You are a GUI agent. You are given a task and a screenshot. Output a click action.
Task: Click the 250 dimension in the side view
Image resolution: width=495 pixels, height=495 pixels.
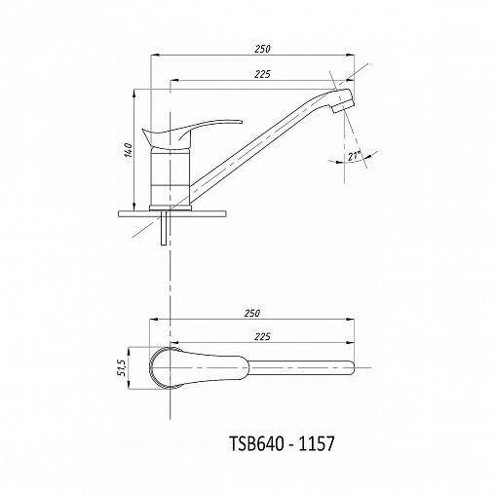click(x=262, y=49)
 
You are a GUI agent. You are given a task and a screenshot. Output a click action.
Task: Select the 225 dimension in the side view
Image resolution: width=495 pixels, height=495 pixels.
click(x=262, y=74)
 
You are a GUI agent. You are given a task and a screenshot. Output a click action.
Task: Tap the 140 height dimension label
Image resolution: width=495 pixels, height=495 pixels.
click(x=129, y=150)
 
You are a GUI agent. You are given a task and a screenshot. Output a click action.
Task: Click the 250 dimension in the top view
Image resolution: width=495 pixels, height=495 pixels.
click(x=252, y=314)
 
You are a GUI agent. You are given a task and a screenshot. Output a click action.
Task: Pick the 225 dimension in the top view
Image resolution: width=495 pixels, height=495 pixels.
click(x=262, y=337)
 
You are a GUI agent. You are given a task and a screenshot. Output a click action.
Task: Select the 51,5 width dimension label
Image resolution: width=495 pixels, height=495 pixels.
click(x=122, y=368)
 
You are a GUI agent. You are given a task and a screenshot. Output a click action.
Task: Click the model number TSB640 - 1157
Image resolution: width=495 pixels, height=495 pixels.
click(x=282, y=443)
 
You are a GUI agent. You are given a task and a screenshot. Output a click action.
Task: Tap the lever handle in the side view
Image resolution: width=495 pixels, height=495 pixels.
click(x=192, y=133)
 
